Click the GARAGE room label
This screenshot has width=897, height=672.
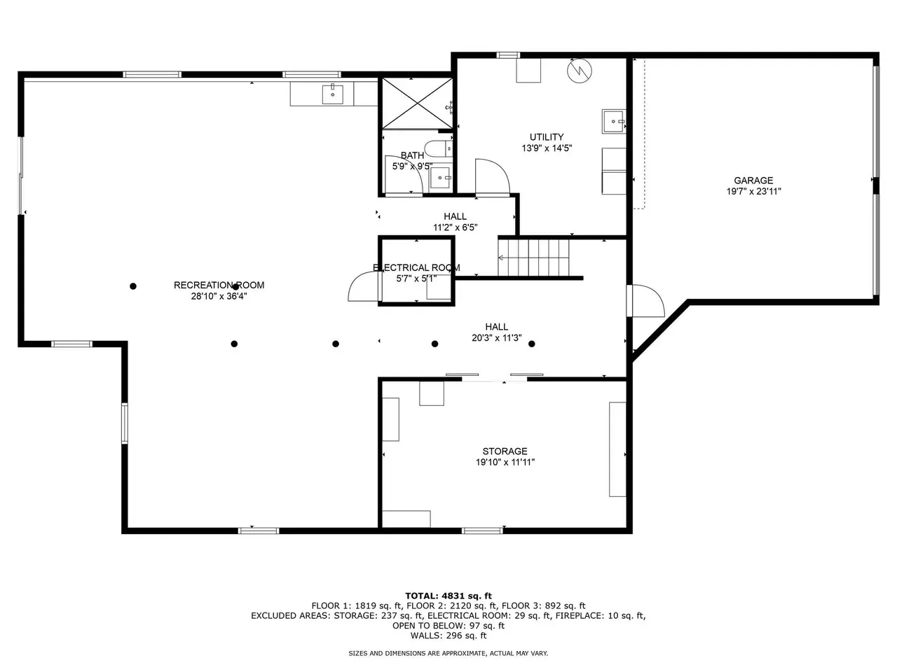(x=753, y=181)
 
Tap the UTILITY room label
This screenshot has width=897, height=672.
(x=547, y=137)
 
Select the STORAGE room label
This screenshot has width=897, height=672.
(x=505, y=451)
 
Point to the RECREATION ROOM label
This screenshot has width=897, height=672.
(x=219, y=285)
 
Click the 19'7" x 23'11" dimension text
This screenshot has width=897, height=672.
(x=753, y=191)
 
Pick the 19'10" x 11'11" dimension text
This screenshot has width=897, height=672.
(x=505, y=462)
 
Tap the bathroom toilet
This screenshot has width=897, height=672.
(x=438, y=149)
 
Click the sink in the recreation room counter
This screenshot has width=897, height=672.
(x=333, y=94)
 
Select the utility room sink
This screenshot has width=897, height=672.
(x=614, y=121)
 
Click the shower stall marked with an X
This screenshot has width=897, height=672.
(x=418, y=104)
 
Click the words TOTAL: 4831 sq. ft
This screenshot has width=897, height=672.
(x=448, y=596)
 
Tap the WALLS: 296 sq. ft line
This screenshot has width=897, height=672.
(x=448, y=636)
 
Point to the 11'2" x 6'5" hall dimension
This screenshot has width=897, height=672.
(x=456, y=227)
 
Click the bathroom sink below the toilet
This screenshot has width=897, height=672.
(x=439, y=178)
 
